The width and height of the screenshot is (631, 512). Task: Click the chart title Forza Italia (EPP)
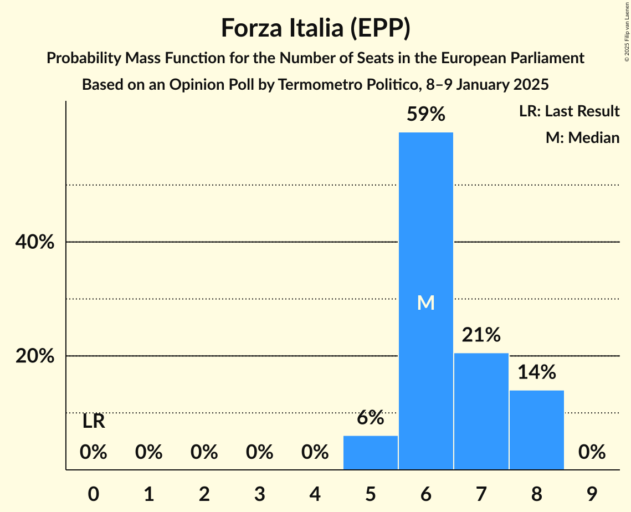[x=315, y=28]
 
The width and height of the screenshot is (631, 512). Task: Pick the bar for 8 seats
[x=537, y=430]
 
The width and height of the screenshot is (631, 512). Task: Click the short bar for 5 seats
[x=371, y=453]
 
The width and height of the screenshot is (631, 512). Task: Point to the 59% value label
[x=426, y=114]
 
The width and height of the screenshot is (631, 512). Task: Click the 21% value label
[x=481, y=335]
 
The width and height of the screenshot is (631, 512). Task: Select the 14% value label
[x=537, y=372]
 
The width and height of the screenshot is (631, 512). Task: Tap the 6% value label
[x=371, y=418]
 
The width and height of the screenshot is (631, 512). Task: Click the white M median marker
[x=426, y=303]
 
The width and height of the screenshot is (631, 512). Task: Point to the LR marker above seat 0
[x=94, y=422]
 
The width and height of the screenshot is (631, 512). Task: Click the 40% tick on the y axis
[x=35, y=242]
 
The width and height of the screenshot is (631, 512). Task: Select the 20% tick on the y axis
[x=35, y=356]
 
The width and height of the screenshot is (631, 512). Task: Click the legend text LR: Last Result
[x=569, y=111]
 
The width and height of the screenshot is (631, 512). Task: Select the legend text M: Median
[x=582, y=137]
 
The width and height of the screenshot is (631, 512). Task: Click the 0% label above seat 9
[x=592, y=453]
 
